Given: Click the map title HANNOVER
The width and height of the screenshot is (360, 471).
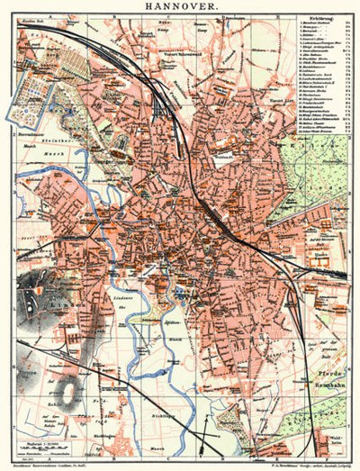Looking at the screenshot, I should (x=181, y=6).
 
